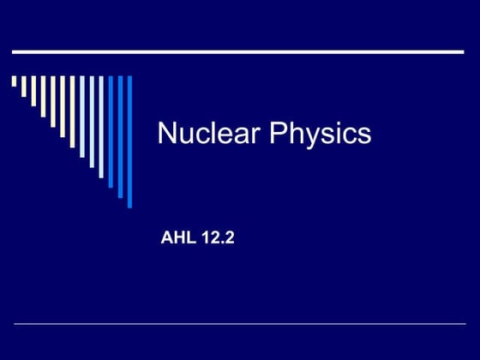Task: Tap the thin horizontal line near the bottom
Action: click(x=240, y=324)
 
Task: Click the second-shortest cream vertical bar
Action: click(x=23, y=87)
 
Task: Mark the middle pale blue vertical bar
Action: click(x=82, y=117)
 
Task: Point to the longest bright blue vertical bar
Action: click(x=129, y=141)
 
